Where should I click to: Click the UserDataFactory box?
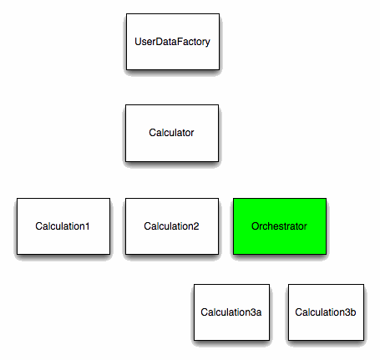click(x=173, y=42)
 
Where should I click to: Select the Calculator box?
click(x=172, y=133)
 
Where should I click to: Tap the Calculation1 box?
click(x=63, y=226)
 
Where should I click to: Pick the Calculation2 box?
click(x=172, y=226)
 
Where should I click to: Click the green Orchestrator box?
click(x=280, y=226)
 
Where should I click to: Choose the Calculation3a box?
click(x=231, y=312)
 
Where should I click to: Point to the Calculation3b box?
click(x=326, y=312)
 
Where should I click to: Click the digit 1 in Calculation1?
click(x=88, y=226)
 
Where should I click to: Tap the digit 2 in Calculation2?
click(x=196, y=226)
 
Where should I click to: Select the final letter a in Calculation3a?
click(x=259, y=313)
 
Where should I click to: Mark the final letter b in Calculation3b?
click(x=353, y=312)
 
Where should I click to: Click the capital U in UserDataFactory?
click(x=138, y=42)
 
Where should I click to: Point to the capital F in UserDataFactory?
click(x=180, y=42)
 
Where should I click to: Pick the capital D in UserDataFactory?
click(x=159, y=42)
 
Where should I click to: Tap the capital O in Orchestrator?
click(x=256, y=226)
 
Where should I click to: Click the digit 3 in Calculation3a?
click(x=253, y=312)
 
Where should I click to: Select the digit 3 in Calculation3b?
click(x=347, y=312)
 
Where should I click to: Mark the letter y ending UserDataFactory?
click(x=207, y=43)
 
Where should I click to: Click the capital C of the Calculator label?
click(x=153, y=133)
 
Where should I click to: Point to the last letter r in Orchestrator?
click(x=305, y=227)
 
